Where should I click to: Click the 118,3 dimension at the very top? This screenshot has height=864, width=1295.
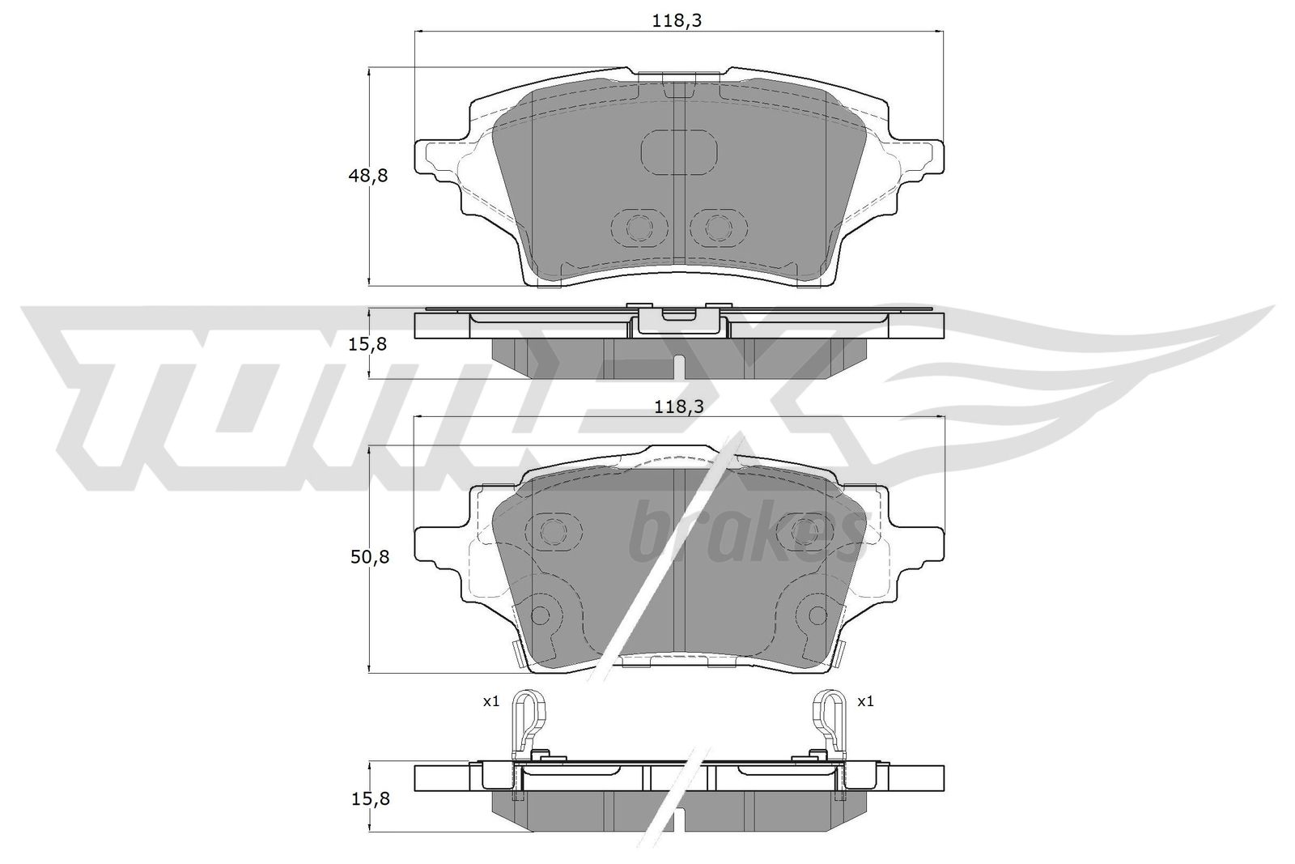click(x=677, y=21)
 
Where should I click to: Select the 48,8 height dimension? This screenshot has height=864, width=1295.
click(x=367, y=175)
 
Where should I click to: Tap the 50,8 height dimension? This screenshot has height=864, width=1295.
click(x=369, y=557)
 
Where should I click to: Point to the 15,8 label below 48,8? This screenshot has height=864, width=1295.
click(x=367, y=344)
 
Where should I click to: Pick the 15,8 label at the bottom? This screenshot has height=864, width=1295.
click(x=369, y=799)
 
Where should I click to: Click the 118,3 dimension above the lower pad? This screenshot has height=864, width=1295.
click(x=679, y=407)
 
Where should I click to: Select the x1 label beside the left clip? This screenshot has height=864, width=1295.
click(x=490, y=701)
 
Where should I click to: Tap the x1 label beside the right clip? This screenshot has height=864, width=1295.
click(x=865, y=701)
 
